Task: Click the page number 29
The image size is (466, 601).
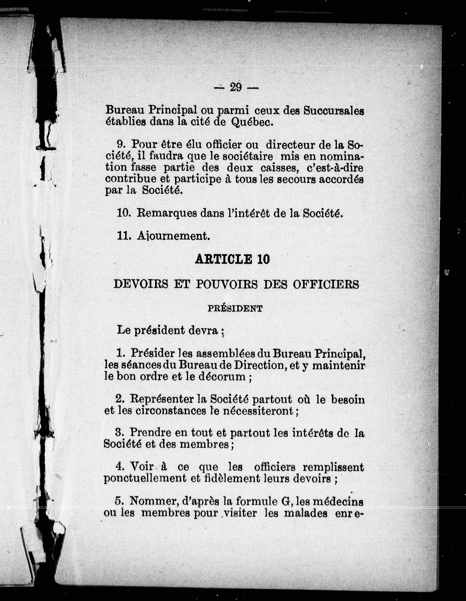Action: click(x=236, y=87)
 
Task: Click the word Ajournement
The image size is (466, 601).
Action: click(x=173, y=236)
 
